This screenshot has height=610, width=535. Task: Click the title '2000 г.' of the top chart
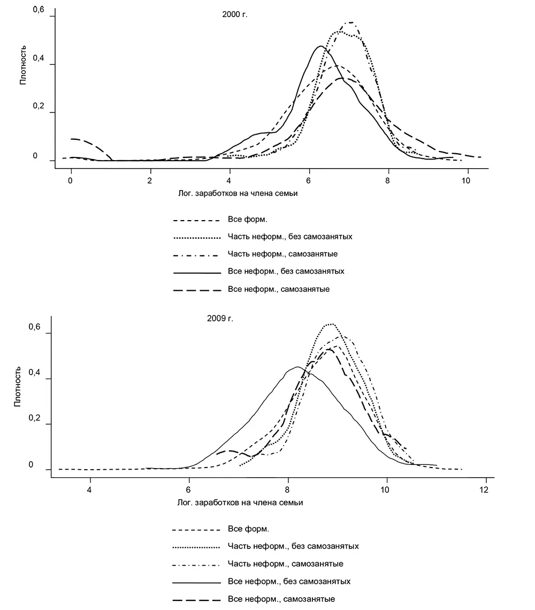pos(235,14)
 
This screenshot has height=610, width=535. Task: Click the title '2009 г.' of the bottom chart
pos(220,318)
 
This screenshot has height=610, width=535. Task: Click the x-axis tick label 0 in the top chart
pos(71,180)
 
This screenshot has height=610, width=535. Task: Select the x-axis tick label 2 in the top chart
pos(150,180)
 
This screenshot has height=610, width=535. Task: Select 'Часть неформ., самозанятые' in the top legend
pos(282,254)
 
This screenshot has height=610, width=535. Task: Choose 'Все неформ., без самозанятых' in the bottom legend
pos(289,581)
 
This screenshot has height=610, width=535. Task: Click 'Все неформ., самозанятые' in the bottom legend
pos(282,599)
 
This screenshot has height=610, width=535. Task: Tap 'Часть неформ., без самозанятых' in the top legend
pos(289,236)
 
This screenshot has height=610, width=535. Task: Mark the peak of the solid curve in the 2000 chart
pos(320,46)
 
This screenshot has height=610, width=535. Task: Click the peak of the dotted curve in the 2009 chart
pos(330,324)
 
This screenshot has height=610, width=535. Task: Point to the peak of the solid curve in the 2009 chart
pos(297,367)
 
